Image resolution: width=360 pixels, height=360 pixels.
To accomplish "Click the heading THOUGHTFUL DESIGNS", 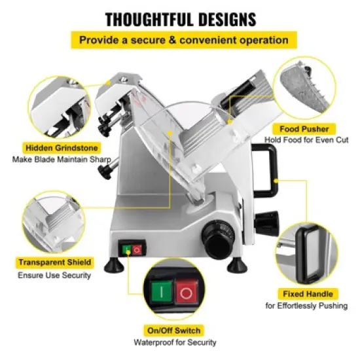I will tap(180, 18).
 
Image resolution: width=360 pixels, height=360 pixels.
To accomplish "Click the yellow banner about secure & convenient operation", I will tap(180, 40).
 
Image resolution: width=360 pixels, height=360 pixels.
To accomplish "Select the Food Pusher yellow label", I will tap(304, 129).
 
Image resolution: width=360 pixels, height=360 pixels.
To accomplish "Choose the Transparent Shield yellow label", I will tap(54, 262).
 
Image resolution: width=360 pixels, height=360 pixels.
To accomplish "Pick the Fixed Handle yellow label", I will tap(307, 294).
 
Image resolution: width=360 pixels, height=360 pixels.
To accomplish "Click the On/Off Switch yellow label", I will tap(175, 331).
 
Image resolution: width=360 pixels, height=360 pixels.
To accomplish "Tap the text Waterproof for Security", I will tap(175, 342).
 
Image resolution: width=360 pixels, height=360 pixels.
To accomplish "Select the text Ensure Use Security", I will tap(54, 275).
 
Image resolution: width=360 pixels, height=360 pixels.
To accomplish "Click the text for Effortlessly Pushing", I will tap(307, 306).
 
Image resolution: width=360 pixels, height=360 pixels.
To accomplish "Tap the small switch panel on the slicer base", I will tap(131, 249).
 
